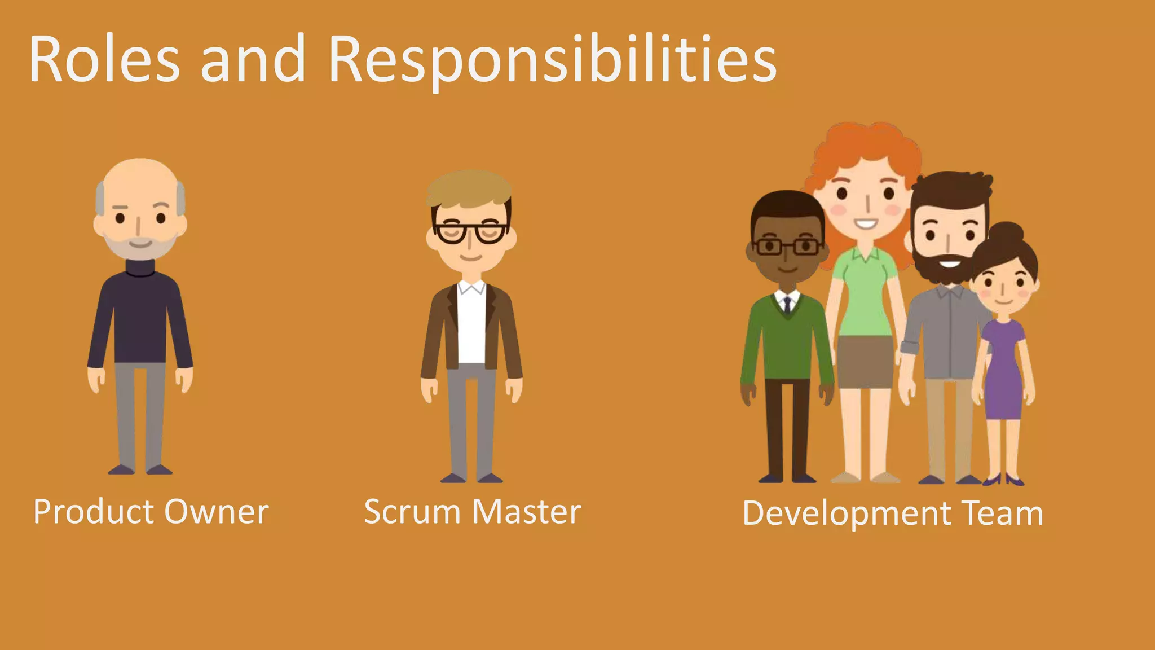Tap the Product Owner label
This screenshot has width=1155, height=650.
tap(151, 512)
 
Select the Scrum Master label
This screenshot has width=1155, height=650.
tap(472, 512)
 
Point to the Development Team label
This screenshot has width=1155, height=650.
tap(893, 513)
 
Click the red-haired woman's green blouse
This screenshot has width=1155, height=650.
tap(864, 293)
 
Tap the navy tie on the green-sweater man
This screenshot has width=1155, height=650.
tap(787, 305)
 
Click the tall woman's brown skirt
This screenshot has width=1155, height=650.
tap(865, 361)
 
